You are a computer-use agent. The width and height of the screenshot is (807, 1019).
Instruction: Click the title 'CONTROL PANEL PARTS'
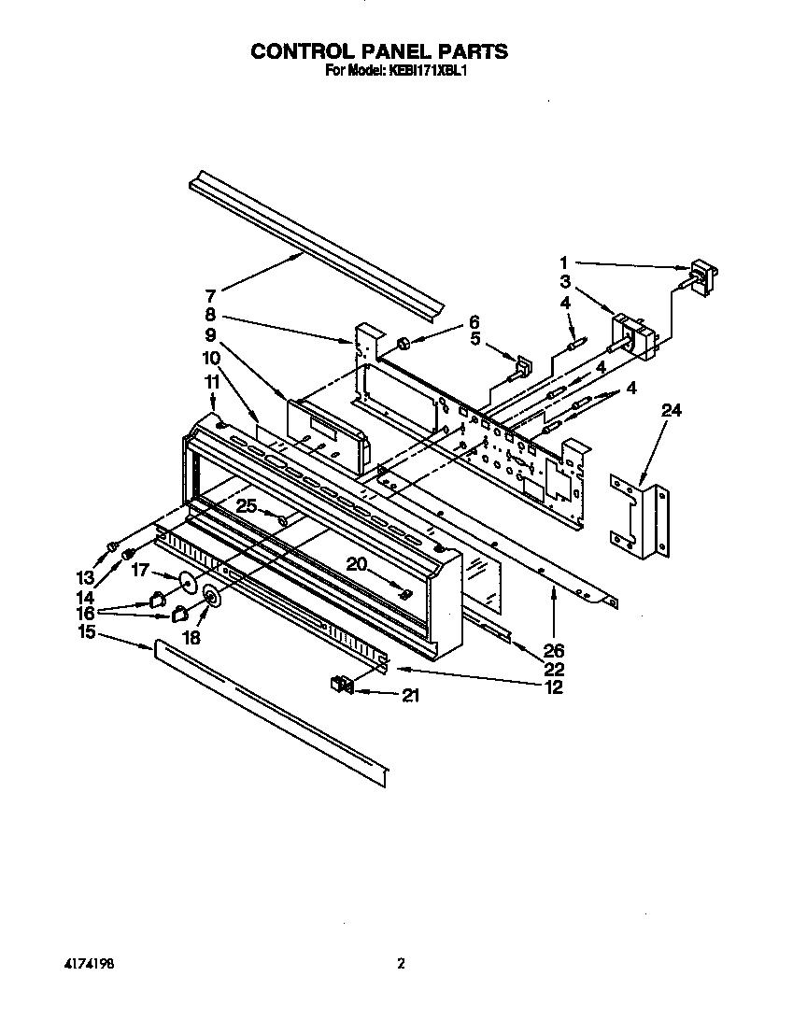(x=378, y=51)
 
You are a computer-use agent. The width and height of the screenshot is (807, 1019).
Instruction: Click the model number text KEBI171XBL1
(x=421, y=70)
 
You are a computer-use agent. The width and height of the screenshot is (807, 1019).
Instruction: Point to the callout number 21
(x=412, y=695)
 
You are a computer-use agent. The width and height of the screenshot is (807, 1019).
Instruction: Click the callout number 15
(x=87, y=632)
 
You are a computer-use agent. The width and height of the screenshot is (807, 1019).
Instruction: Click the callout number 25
(x=246, y=505)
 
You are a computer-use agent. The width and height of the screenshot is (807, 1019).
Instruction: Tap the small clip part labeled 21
(x=340, y=686)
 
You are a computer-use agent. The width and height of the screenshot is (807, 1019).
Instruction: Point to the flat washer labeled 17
(x=187, y=584)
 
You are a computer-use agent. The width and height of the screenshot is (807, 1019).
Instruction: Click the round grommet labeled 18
(x=210, y=599)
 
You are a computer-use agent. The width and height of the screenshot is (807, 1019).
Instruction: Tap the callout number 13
(x=87, y=577)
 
